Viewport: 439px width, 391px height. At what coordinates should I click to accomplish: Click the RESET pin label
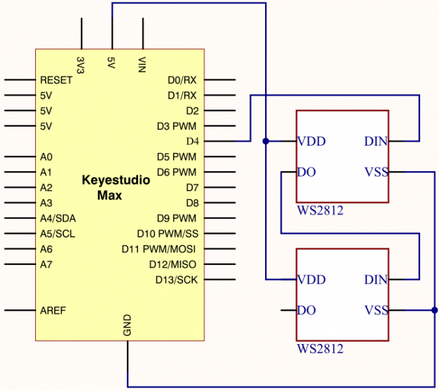[x=56, y=80]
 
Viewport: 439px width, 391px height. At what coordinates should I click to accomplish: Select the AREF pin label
[x=53, y=310]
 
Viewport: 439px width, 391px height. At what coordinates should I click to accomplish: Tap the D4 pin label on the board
[x=192, y=141]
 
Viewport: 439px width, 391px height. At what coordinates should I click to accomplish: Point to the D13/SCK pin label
[x=177, y=279]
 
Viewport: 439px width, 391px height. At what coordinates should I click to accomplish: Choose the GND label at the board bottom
[x=127, y=326]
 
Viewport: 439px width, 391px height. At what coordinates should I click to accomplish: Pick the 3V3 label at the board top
[x=81, y=64]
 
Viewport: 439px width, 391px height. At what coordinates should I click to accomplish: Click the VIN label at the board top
[x=142, y=64]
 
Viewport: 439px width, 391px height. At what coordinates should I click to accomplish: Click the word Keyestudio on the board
[x=116, y=180]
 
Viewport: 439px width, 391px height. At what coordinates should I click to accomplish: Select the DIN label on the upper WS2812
[x=376, y=141]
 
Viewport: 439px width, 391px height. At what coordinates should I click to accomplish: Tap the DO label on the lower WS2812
[x=306, y=310]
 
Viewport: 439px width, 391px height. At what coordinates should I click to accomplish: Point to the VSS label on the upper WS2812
[x=376, y=172]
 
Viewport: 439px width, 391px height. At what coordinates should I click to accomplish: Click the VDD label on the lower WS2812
[x=311, y=279]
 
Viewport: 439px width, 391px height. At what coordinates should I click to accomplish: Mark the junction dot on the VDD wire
[x=265, y=141]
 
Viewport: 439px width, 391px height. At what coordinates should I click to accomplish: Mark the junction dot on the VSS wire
[x=434, y=310]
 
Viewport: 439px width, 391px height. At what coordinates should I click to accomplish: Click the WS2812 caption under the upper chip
[x=319, y=211]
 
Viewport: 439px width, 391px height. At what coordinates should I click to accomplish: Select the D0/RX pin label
[x=182, y=80]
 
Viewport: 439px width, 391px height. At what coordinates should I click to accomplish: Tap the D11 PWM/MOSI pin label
[x=160, y=249]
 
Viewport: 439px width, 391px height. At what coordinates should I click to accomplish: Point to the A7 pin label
[x=46, y=264]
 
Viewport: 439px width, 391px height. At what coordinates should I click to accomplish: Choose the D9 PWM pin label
[x=177, y=218]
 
